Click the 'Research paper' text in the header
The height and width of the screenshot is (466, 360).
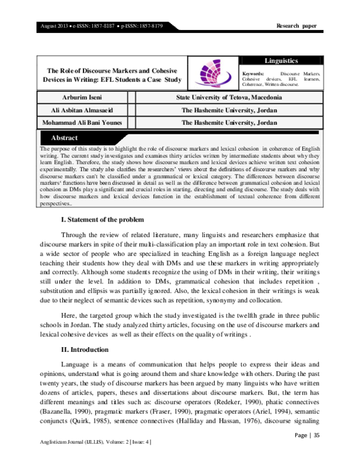pos(296,26)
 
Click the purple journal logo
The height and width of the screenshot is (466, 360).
pos(214,74)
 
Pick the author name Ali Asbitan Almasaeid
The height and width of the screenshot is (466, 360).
pos(83,110)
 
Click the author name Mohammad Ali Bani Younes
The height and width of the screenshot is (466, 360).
pos(83,123)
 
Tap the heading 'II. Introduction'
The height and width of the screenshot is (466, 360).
pos(85,349)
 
